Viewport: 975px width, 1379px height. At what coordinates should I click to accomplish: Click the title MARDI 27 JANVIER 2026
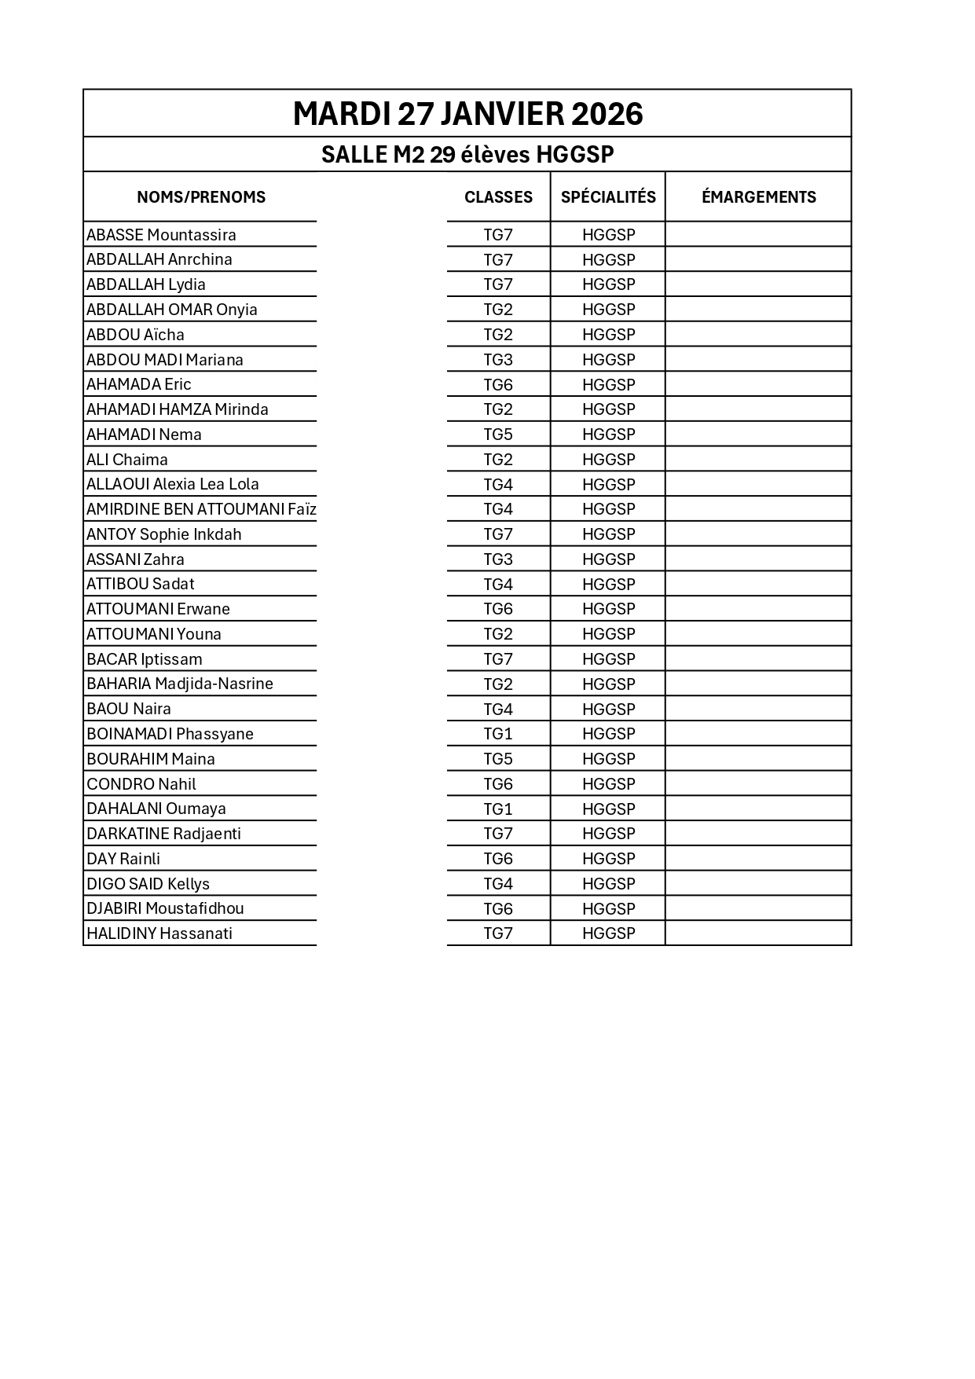click(x=467, y=114)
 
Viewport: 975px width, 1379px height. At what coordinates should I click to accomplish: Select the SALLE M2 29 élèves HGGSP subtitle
click(x=467, y=155)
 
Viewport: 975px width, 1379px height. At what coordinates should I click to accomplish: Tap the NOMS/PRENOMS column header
click(x=201, y=197)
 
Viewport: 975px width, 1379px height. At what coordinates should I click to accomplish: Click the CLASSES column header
click(x=498, y=197)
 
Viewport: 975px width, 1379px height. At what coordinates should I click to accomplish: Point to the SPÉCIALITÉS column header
click(x=608, y=197)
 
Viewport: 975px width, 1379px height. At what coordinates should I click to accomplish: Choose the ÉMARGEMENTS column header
click(x=758, y=197)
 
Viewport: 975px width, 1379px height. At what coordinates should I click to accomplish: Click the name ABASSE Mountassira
click(x=161, y=235)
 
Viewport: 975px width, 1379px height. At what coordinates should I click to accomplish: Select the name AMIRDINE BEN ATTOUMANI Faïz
click(x=201, y=509)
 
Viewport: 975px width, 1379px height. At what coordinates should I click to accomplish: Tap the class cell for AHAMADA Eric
click(x=498, y=384)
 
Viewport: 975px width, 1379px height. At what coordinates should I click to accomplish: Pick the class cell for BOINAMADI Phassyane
click(x=498, y=734)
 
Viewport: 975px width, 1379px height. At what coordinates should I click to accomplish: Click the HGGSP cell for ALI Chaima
click(x=608, y=460)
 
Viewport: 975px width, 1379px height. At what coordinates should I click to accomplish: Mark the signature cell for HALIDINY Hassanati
click(x=758, y=933)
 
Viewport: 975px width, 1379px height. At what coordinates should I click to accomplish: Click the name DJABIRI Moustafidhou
click(x=165, y=908)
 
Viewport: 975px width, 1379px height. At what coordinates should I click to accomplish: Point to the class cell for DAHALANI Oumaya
click(x=498, y=809)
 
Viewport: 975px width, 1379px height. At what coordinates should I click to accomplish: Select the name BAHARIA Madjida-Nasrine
click(x=180, y=684)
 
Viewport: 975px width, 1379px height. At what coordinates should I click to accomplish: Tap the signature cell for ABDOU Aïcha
click(x=758, y=335)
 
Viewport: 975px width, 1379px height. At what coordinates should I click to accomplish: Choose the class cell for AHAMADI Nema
click(x=498, y=435)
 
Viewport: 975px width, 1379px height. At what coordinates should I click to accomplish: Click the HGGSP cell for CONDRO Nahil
click(x=608, y=784)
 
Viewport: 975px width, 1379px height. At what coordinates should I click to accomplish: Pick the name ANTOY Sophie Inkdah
click(x=164, y=534)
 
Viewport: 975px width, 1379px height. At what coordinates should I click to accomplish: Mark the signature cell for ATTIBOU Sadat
click(x=758, y=584)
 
